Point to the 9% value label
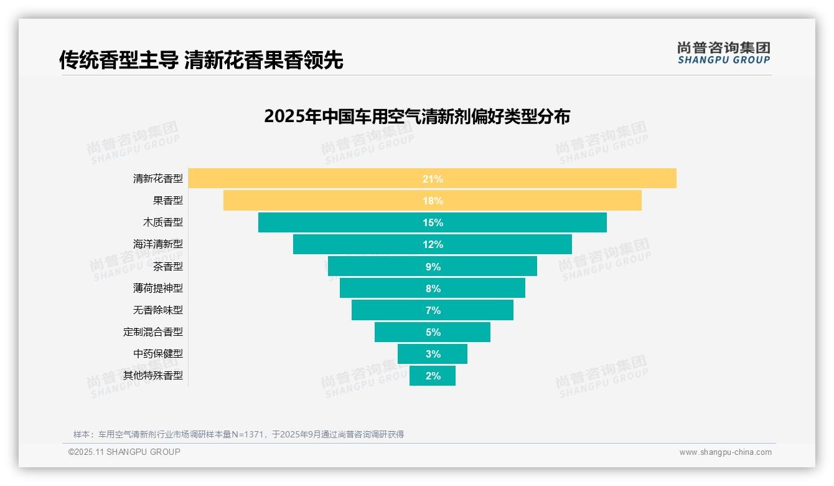tap(433, 267)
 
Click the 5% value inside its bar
tap(433, 332)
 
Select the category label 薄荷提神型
tap(158, 288)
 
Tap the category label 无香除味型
tap(158, 310)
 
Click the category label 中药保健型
tap(158, 353)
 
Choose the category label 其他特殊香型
tap(153, 375)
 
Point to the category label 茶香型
tap(168, 266)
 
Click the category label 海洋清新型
tap(158, 244)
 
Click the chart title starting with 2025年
tap(417, 117)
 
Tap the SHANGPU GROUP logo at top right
tap(723, 53)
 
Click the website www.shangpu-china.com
tap(725, 452)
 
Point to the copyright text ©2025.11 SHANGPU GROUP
tap(124, 452)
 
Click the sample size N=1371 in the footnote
tap(249, 434)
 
